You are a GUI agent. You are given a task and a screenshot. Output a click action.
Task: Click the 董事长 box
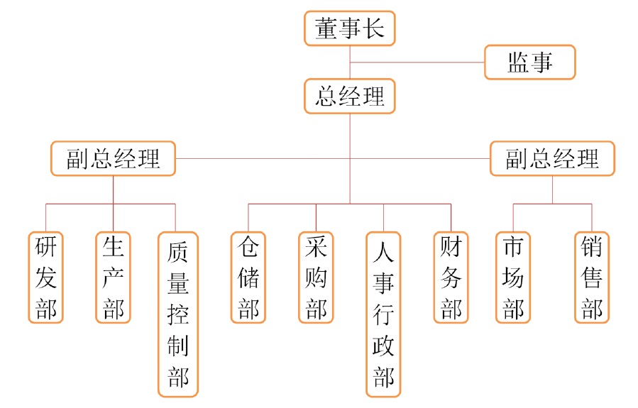pos(349,29)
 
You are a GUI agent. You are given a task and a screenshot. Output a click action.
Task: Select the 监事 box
pos(529,62)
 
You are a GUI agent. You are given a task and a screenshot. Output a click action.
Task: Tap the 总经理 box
pos(349,97)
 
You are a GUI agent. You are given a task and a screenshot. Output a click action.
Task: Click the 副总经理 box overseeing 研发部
pos(114,158)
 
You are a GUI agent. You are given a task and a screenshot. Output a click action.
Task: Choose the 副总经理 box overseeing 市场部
pos(552,158)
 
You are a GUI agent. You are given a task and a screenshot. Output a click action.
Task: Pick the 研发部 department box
pos(46,277)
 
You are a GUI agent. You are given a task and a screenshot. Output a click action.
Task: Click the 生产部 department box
pos(114,277)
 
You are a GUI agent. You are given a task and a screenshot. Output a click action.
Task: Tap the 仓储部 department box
pos(248,277)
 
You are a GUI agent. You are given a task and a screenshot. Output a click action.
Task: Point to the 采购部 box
pos(316,277)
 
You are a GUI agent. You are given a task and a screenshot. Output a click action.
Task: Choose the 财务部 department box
pos(451,277)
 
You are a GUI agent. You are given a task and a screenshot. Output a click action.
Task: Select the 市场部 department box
pos(513,277)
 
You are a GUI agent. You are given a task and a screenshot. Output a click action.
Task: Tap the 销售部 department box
pos(591,277)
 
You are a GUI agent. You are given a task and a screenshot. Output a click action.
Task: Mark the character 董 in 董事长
pos(326,29)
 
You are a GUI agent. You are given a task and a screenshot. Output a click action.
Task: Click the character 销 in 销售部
pos(591,247)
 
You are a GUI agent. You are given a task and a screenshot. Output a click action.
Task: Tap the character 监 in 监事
pos(518,62)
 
